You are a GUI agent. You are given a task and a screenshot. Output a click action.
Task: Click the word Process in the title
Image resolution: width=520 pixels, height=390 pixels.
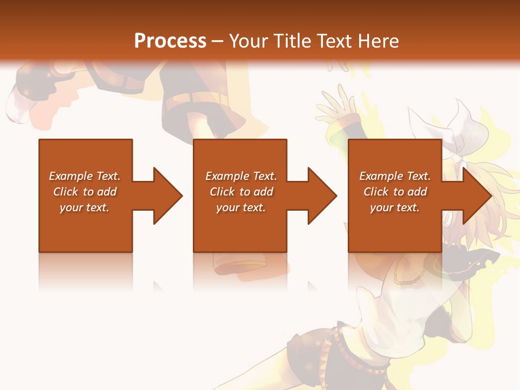[170, 41]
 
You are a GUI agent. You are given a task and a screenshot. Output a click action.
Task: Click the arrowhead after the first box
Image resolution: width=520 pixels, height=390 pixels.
[166, 196]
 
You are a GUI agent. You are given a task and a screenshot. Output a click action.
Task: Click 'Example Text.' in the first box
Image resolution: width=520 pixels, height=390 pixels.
[84, 176]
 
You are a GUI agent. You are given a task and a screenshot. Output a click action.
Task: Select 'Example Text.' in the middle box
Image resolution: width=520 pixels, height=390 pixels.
[240, 176]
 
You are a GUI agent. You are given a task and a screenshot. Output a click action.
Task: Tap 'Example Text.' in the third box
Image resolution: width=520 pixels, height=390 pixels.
[395, 176]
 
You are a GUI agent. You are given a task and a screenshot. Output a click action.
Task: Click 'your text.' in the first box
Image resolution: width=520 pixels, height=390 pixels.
[84, 207]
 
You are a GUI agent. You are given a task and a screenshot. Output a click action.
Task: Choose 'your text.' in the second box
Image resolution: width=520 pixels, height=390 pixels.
[240, 207]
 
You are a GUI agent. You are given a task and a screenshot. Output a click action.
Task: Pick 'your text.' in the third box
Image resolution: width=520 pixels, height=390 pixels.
[395, 207]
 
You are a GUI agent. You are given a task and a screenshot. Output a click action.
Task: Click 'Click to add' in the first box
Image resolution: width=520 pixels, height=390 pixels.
[84, 192]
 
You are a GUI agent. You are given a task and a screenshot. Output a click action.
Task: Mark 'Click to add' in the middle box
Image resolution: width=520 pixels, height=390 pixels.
[240, 192]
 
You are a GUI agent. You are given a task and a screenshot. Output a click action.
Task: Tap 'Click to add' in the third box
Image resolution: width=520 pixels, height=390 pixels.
[395, 192]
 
